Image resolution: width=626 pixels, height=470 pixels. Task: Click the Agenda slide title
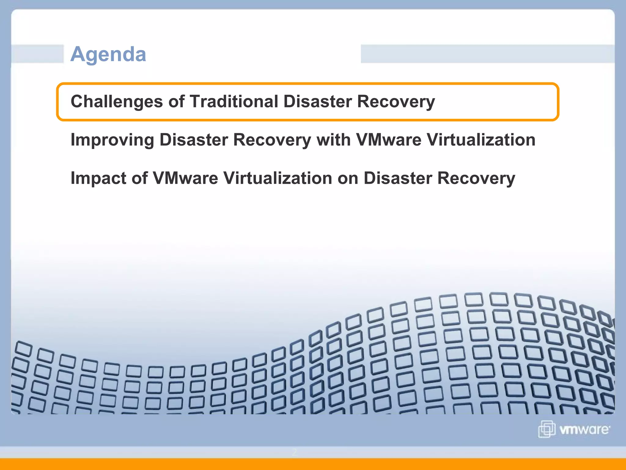(x=108, y=54)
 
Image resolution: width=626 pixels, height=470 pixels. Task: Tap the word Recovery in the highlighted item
(x=396, y=102)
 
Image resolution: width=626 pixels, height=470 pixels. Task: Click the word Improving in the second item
(x=112, y=140)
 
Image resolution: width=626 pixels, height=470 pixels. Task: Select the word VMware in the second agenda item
(x=389, y=140)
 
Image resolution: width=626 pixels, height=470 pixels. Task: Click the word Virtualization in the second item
(x=481, y=140)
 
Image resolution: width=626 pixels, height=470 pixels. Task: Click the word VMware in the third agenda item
(x=185, y=178)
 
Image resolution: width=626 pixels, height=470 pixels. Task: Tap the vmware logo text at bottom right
(x=584, y=430)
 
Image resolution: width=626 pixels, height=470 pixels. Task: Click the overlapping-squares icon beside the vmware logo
(x=547, y=429)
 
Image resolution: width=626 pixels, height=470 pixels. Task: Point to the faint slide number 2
(x=294, y=452)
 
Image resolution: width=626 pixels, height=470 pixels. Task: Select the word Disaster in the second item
(x=193, y=140)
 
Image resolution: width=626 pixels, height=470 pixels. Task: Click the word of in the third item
(x=140, y=178)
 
